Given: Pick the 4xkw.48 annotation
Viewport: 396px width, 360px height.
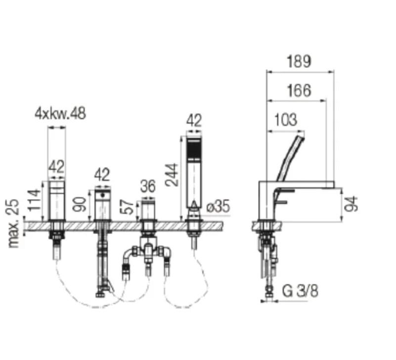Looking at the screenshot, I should (x=60, y=113).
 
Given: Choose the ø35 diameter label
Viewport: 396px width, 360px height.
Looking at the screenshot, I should (x=218, y=207).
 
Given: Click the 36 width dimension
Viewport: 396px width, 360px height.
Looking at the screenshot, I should (x=147, y=186).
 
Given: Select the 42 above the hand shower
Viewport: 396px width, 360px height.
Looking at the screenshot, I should (x=194, y=120).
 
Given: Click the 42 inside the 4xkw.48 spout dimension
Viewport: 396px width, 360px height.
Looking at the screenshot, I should (x=56, y=167).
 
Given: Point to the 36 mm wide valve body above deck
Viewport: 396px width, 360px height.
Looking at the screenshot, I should (x=147, y=210).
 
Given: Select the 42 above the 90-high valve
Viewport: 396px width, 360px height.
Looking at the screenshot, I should (x=102, y=174).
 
